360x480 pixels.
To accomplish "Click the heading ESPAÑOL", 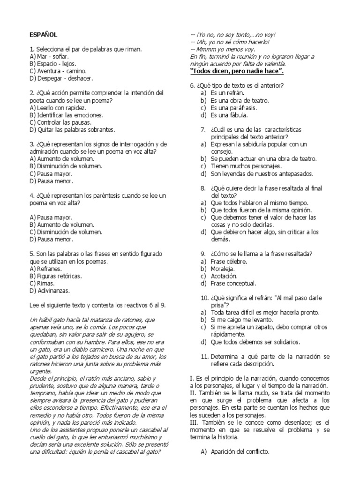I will click(x=43, y=35).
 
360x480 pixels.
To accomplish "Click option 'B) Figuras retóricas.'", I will click(x=55, y=276).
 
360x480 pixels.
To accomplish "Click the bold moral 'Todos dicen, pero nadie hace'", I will click(x=237, y=71).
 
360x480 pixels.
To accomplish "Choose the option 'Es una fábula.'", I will click(x=230, y=114).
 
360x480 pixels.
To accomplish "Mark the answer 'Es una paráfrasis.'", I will click(x=233, y=107).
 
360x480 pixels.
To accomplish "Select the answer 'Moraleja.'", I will click(x=223, y=269).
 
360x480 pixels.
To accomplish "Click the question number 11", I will click(x=204, y=356).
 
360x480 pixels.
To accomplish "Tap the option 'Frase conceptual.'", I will click(x=233, y=283).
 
